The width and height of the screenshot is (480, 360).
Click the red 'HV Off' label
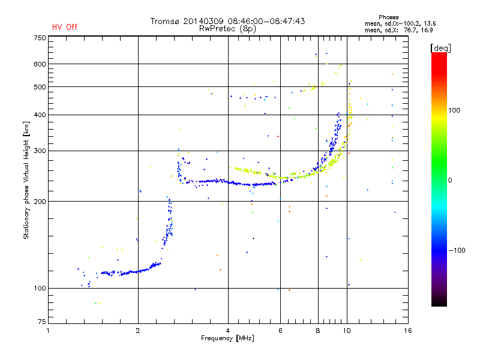(x=65, y=27)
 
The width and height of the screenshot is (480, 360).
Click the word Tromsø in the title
(x=164, y=21)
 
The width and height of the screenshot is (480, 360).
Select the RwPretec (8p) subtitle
(x=227, y=29)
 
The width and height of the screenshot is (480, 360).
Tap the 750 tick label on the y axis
(x=40, y=38)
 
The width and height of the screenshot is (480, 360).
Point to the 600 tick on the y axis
(x=40, y=64)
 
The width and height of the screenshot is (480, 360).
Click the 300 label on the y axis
(x=40, y=151)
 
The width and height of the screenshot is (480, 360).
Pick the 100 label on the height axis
(x=40, y=289)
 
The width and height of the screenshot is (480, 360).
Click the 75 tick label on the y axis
(x=42, y=322)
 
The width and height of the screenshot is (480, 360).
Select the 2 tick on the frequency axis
(x=138, y=331)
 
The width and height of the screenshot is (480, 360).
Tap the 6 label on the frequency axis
(x=280, y=331)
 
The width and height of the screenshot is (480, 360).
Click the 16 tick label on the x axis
(x=408, y=331)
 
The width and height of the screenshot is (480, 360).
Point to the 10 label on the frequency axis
(x=347, y=331)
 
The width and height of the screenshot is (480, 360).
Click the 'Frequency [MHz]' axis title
(x=227, y=338)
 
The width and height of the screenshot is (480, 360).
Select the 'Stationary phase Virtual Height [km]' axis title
(x=26, y=180)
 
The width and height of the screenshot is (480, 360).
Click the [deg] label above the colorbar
(x=440, y=49)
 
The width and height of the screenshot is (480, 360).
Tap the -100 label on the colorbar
(x=457, y=250)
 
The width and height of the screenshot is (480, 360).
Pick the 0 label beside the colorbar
(x=450, y=181)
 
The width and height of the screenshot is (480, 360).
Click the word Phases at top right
(x=388, y=17)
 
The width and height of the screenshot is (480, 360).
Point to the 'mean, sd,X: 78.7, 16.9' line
(x=398, y=31)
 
